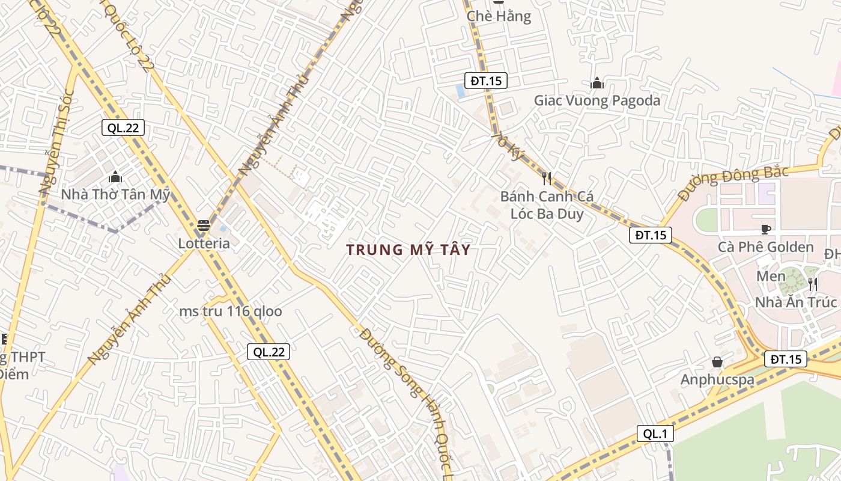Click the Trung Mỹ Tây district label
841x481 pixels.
pyautogui.click(x=408, y=250)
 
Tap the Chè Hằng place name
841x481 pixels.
pyautogui.click(x=499, y=16)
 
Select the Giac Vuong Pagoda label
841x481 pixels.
pyautogui.click(x=597, y=100)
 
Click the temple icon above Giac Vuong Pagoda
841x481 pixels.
pyautogui.click(x=597, y=83)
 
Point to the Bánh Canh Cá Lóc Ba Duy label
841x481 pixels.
pyautogui.click(x=547, y=205)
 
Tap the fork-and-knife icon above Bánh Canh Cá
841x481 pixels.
pyautogui.click(x=547, y=178)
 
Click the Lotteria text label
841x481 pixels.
pyautogui.click(x=204, y=244)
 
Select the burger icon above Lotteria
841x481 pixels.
pyautogui.click(x=204, y=226)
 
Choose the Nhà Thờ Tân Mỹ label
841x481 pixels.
pyautogui.click(x=115, y=195)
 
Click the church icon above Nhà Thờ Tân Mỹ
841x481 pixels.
pyautogui.click(x=115, y=177)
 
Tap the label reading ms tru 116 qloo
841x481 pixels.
pyautogui.click(x=231, y=311)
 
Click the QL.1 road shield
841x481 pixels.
pyautogui.click(x=655, y=434)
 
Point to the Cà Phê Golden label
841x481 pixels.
pyautogui.click(x=766, y=247)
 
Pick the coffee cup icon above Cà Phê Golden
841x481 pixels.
pyautogui.click(x=766, y=229)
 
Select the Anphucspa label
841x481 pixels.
pyautogui.click(x=716, y=379)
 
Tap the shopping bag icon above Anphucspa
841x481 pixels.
pyautogui.click(x=717, y=362)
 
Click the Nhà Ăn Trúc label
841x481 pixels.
pyautogui.click(x=796, y=302)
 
